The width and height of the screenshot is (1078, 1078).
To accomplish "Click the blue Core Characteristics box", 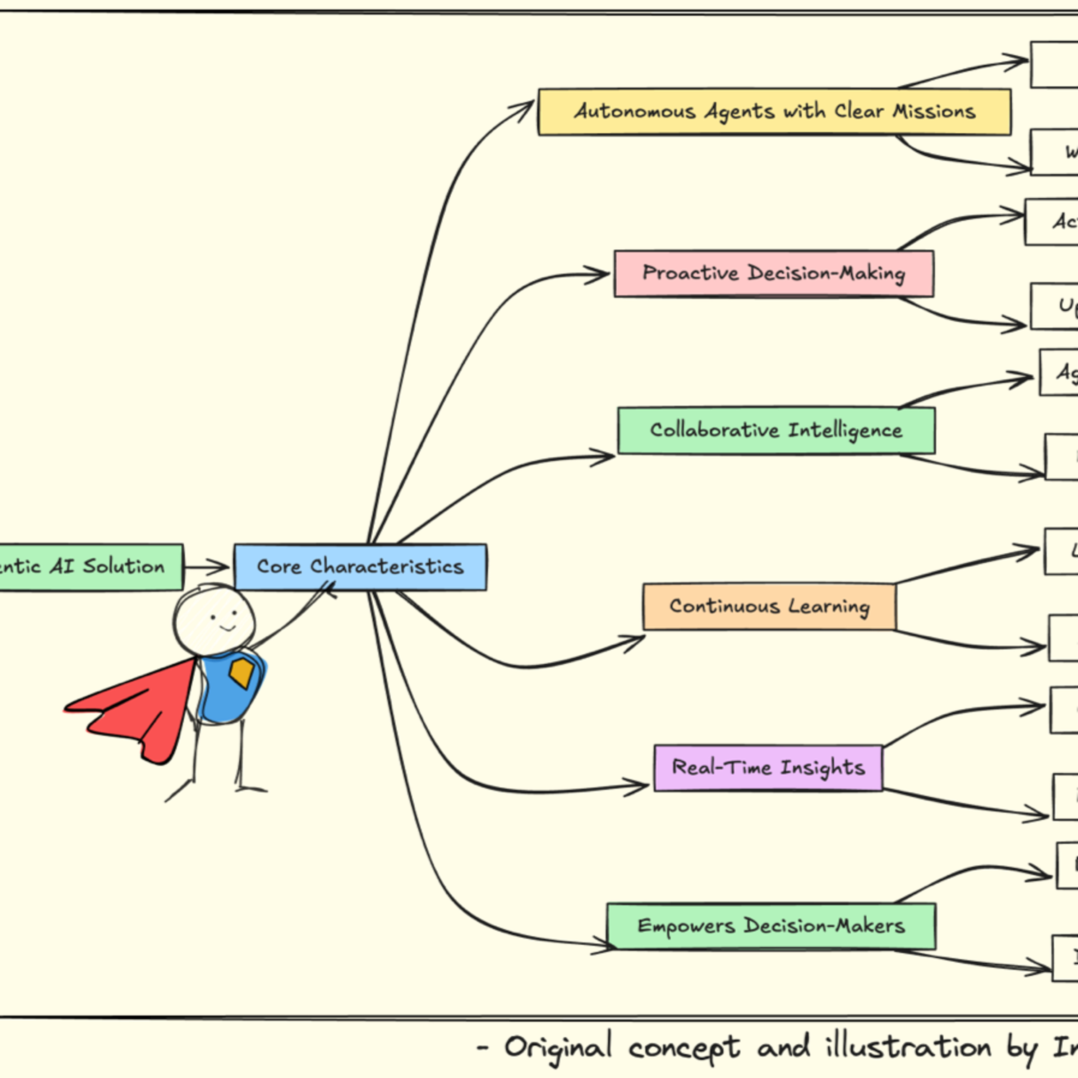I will pyautogui.click(x=360, y=567).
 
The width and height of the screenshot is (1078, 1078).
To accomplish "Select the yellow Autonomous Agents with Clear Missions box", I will pyautogui.click(x=774, y=112).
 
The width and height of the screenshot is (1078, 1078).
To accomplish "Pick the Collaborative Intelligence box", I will pyautogui.click(x=776, y=430).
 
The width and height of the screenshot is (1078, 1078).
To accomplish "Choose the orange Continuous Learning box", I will pyautogui.click(x=769, y=607).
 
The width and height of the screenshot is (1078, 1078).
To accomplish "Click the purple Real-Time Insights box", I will pyautogui.click(x=768, y=768).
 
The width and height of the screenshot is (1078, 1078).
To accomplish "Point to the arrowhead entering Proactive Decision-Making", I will pyautogui.click(x=600, y=274).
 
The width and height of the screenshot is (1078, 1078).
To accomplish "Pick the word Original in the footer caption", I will pyautogui.click(x=558, y=1047).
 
